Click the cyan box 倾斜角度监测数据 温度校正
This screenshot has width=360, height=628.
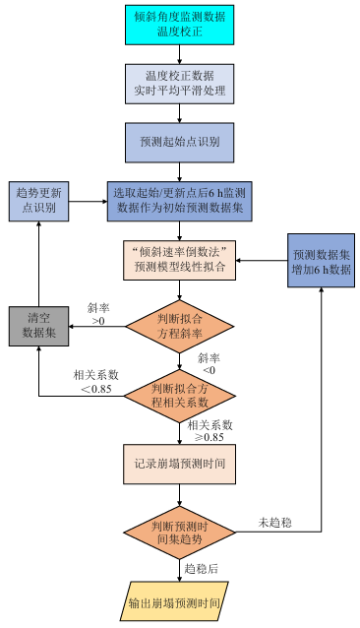[x=179, y=25]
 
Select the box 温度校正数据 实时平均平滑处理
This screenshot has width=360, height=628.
[x=179, y=84]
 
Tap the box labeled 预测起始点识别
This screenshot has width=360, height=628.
[x=179, y=143]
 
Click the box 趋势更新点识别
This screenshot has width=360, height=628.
[x=38, y=202]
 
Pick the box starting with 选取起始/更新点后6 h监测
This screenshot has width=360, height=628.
[x=179, y=202]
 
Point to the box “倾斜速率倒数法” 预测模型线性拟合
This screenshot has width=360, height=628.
[x=179, y=260]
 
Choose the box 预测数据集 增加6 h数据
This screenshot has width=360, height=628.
[x=322, y=260]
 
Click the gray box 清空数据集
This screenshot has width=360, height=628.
[x=38, y=326]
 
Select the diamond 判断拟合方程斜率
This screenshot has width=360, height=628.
[x=179, y=327]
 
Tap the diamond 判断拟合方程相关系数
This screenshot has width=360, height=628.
[x=179, y=396]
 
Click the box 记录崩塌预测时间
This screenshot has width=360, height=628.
[x=179, y=464]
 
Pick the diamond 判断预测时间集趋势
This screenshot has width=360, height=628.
[x=179, y=533]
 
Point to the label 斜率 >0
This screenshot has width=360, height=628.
[x=98, y=314]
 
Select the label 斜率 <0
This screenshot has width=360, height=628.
[x=209, y=363]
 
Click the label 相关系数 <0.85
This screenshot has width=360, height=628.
[x=96, y=381]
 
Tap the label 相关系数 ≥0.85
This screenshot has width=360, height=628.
[x=210, y=431]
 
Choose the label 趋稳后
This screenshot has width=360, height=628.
[x=202, y=569]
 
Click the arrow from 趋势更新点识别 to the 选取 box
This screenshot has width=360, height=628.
[x=88, y=202]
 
